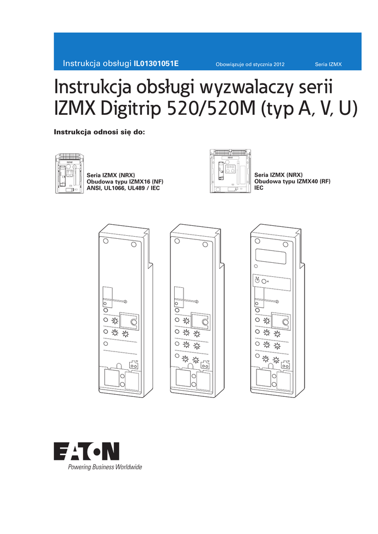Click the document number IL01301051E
pyautogui.click(x=156, y=64)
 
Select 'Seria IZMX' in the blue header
pyautogui.click(x=328, y=65)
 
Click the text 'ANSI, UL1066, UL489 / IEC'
pyautogui.click(x=123, y=187)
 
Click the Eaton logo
pyautogui.click(x=87, y=452)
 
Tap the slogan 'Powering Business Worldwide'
pyautogui.click(x=104, y=467)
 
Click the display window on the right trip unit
pyautogui.click(x=271, y=256)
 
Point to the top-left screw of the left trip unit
pyautogui.click(x=106, y=241)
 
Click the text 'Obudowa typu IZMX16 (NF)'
pyautogui.click(x=125, y=181)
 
